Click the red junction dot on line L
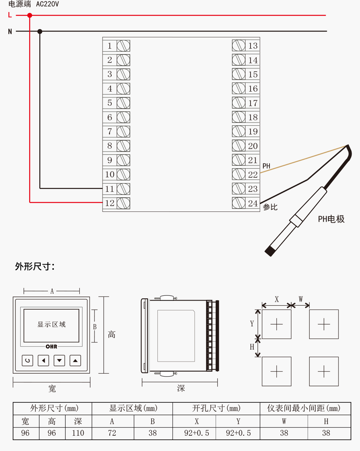click(30, 15)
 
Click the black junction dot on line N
click(40, 32)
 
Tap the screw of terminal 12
click(123, 203)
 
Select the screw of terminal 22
click(239, 174)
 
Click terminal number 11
click(109, 189)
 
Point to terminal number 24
click(253, 203)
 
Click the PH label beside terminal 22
click(267, 166)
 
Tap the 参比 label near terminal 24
click(270, 207)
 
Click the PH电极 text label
click(331, 219)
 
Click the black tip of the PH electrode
click(270, 251)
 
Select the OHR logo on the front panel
click(51, 347)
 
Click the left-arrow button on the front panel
click(43, 361)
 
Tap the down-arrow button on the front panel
click(59, 361)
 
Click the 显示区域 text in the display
click(51, 324)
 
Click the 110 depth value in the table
click(78, 433)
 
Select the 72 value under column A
click(112, 433)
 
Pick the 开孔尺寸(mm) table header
click(216, 408)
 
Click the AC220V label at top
click(47, 4)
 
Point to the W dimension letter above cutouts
click(301, 299)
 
